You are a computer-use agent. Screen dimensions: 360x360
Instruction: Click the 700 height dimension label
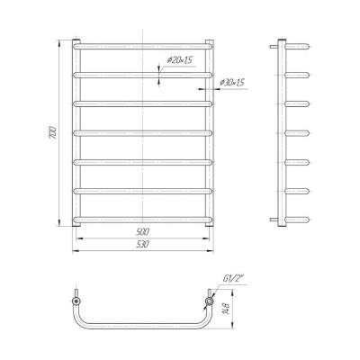tap(53, 132)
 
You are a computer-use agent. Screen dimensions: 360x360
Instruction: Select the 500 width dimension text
tap(142, 232)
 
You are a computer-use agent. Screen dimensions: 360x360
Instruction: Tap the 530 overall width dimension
tap(142, 244)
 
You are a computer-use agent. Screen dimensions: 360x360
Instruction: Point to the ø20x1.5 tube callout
tap(179, 60)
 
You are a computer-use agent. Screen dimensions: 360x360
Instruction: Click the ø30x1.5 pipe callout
tap(232, 82)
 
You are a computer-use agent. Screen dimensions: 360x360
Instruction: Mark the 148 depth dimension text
tap(227, 308)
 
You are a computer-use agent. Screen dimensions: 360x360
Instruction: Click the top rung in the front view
tap(143, 47)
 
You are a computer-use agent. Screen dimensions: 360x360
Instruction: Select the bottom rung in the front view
tap(143, 220)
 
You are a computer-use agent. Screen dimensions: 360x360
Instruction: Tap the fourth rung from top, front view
tap(143, 133)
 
